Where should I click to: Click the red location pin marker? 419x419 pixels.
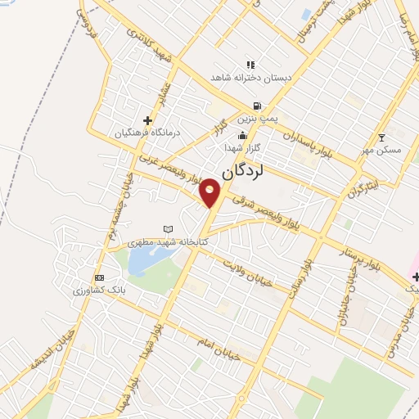point(211,192)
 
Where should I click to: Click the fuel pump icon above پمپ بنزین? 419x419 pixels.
point(258,106)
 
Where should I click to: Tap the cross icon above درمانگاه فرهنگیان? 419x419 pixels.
point(147,120)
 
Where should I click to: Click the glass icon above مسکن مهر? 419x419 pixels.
point(381,137)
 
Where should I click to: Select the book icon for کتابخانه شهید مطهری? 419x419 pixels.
point(169,229)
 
